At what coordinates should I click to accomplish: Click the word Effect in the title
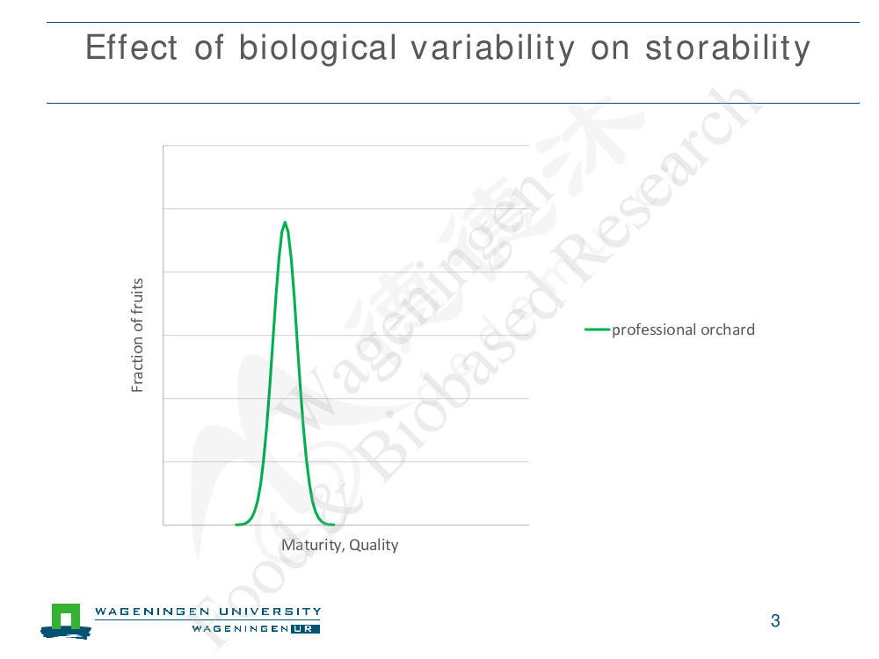coord(132,47)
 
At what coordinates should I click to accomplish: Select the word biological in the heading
coord(318,48)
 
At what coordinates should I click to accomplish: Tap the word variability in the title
coord(493,48)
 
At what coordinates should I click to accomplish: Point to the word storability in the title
coord(728,48)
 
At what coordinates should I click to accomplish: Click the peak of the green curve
coord(286,222)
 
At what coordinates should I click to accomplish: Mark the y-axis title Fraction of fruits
coord(137,335)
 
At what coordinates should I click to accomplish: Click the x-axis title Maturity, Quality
coord(339,545)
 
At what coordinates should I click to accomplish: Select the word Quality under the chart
coord(374,545)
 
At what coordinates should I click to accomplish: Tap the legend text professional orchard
coord(683,329)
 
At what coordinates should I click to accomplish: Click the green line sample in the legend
coord(597,329)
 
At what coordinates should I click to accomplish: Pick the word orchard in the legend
coord(728,329)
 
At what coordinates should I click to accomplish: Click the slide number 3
coord(775,621)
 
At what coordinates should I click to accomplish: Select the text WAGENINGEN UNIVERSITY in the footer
coord(208,612)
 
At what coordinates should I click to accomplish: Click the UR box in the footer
coord(305,629)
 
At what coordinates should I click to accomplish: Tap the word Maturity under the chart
coord(311,545)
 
